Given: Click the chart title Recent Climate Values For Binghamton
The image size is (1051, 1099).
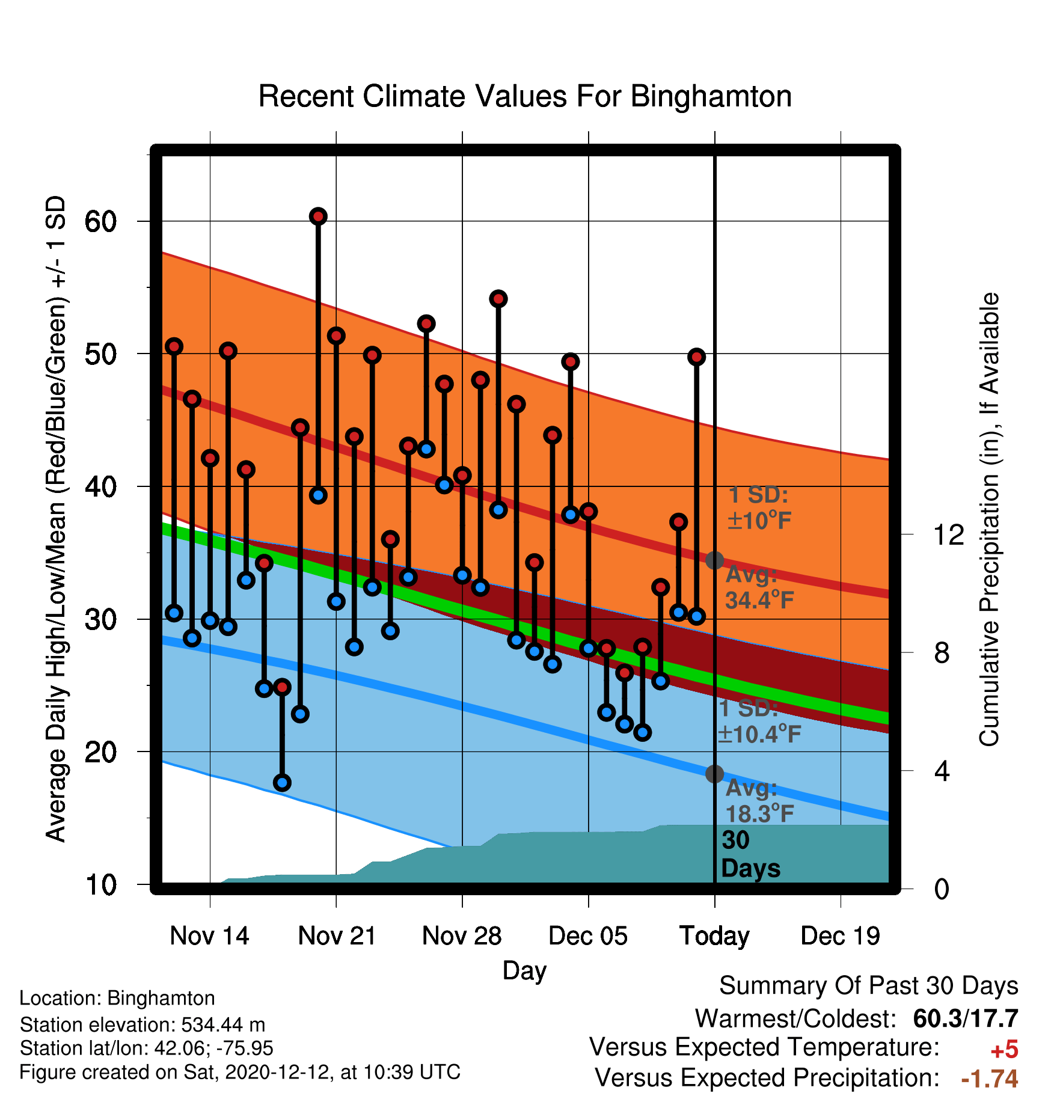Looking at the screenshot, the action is tap(525, 97).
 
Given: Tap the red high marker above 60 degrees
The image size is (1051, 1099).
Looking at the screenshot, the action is tap(318, 216).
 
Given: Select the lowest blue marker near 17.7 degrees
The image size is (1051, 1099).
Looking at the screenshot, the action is tap(282, 783).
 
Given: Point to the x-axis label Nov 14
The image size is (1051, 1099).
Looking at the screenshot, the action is tap(209, 936).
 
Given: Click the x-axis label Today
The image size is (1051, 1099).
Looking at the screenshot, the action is tap(714, 937).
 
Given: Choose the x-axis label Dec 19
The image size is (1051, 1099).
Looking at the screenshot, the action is tap(840, 936).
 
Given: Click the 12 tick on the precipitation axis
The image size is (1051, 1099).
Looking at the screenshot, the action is tap(948, 534).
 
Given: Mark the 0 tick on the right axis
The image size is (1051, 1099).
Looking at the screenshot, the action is tap(942, 889).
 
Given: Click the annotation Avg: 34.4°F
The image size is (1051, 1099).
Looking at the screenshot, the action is tap(759, 587).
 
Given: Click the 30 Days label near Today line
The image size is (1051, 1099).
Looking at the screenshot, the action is tap(750, 854).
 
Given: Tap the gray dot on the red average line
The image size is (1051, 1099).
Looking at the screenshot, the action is tap(714, 560).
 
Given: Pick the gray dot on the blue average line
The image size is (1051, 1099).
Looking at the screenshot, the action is tap(714, 774).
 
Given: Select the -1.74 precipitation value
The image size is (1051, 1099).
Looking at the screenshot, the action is tap(990, 1079).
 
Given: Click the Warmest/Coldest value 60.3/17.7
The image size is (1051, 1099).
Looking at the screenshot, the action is tap(966, 1018).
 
